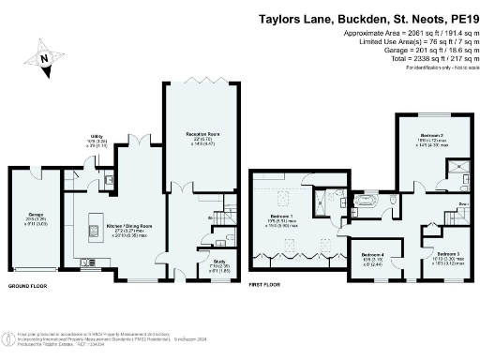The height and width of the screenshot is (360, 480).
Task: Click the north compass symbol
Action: click(44, 59)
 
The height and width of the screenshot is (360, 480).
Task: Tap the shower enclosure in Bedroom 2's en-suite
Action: click(460, 170)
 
